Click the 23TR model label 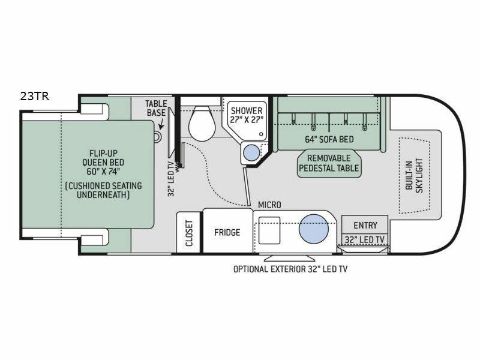pos(35,96)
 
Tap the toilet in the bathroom pos(202,124)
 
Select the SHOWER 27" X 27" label pos(247,115)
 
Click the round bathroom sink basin pos(251,152)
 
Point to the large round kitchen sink pos(313,229)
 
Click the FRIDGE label pos(227,232)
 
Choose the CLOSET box pos(188,232)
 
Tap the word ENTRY pos(365,226)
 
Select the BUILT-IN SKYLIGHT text pos(414,175)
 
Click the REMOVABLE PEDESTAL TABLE pos(329,163)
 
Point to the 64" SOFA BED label pos(329,139)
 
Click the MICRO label pos(269,205)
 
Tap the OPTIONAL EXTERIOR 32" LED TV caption pos(290,269)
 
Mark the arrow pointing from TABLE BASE pos(161,124)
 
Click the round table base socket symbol pos(157,136)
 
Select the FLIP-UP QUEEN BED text pos(103,162)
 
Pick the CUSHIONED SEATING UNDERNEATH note pos(103,190)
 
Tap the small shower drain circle pos(261,134)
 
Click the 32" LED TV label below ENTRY pos(364,239)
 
